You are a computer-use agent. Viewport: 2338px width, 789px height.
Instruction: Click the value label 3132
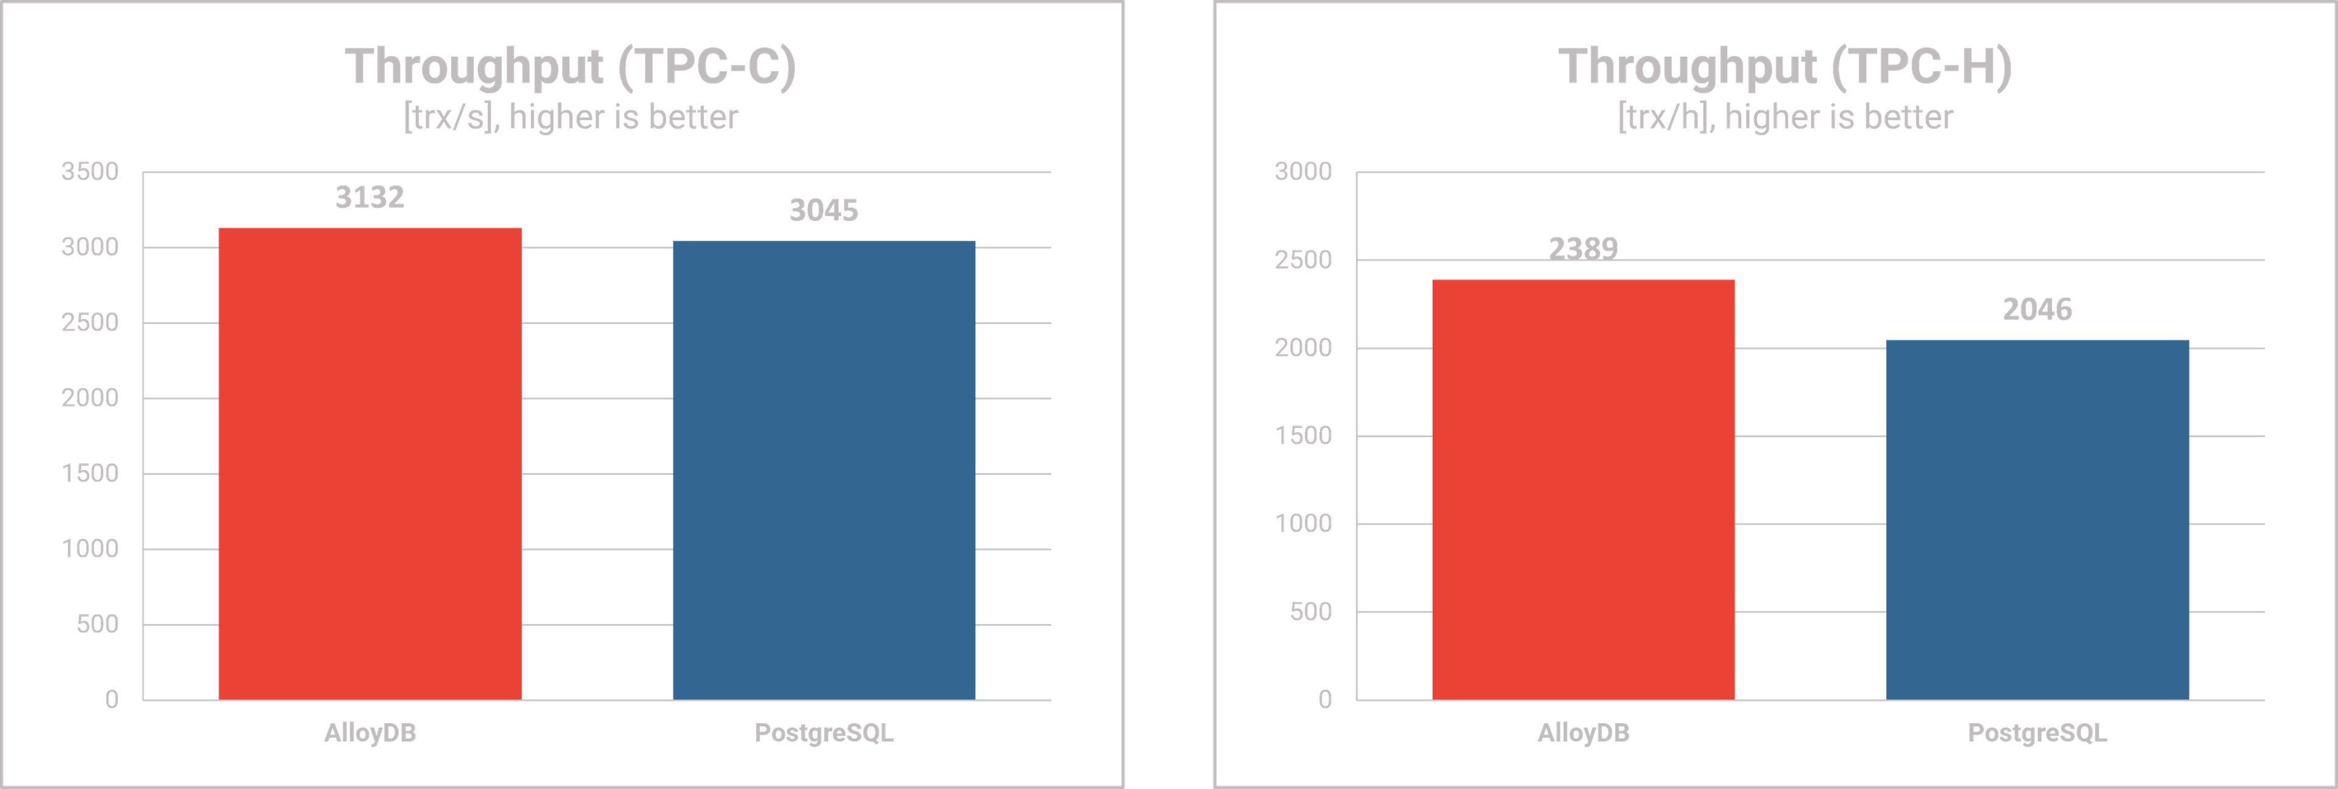370,197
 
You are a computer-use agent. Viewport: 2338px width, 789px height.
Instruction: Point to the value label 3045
823,211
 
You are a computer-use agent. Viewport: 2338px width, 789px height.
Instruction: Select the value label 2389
1583,247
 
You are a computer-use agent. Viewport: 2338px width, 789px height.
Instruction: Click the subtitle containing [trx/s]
570,117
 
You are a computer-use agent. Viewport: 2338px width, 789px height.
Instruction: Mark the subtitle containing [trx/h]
1785,117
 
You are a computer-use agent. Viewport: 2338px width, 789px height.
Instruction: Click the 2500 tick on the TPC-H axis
1304,260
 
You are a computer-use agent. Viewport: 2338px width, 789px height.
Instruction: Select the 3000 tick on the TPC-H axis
1304,172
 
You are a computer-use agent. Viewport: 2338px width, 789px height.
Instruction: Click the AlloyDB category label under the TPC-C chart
370,734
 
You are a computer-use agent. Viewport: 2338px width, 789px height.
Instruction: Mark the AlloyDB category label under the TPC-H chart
1583,734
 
